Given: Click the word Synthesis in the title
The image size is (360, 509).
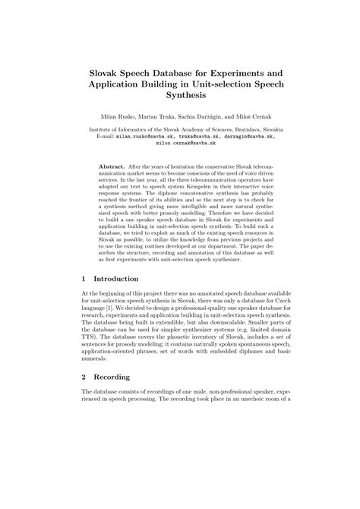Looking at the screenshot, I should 180,96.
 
